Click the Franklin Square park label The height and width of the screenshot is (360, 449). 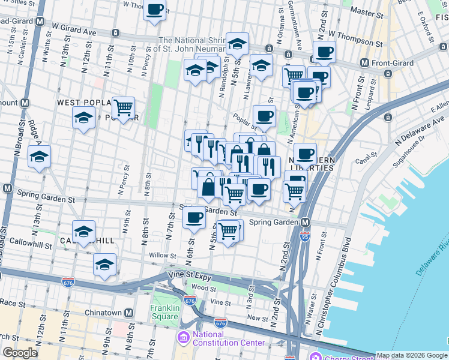click(x=165, y=313)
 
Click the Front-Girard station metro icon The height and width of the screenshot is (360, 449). click(x=364, y=62)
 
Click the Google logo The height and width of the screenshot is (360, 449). click(x=21, y=353)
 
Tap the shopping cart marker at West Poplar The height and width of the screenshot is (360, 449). click(x=123, y=108)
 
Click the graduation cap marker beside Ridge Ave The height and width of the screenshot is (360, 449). click(x=40, y=157)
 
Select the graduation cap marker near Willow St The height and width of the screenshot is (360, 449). click(x=105, y=265)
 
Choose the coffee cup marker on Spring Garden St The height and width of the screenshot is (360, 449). click(x=194, y=218)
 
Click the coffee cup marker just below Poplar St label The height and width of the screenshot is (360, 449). click(x=264, y=116)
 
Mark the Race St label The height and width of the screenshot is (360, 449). click(x=11, y=303)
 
